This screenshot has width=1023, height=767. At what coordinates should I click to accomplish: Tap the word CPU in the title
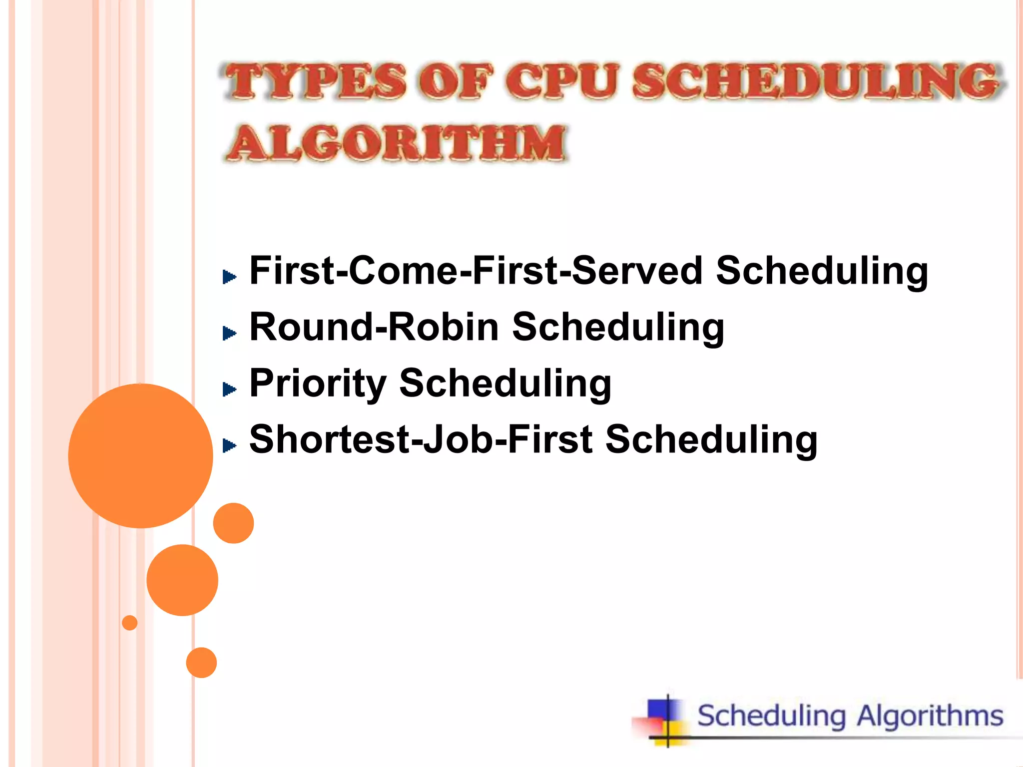pyautogui.click(x=562, y=81)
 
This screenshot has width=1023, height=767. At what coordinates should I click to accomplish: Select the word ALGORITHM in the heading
pyautogui.click(x=397, y=143)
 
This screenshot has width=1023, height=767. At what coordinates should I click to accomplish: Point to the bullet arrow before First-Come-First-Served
pyautogui.click(x=229, y=276)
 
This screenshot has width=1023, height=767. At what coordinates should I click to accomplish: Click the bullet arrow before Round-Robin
pyautogui.click(x=229, y=333)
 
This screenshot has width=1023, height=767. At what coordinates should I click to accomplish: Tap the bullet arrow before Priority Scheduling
pyautogui.click(x=229, y=389)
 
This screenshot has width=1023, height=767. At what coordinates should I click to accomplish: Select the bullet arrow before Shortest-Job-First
pyautogui.click(x=229, y=445)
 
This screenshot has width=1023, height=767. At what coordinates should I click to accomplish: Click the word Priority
pyautogui.click(x=318, y=383)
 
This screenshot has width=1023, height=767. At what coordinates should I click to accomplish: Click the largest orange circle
pyautogui.click(x=140, y=455)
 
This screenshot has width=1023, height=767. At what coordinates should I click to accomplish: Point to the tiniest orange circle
pyautogui.click(x=129, y=623)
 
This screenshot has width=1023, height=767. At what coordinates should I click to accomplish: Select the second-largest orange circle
pyautogui.click(x=182, y=580)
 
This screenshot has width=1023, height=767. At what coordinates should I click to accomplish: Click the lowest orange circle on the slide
pyautogui.click(x=201, y=663)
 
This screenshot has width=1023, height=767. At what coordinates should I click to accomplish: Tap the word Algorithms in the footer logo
pyautogui.click(x=930, y=716)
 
